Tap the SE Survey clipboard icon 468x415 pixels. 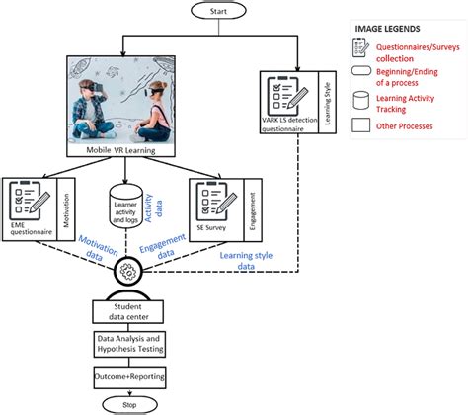[x=223, y=198]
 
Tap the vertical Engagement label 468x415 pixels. [x=254, y=203]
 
